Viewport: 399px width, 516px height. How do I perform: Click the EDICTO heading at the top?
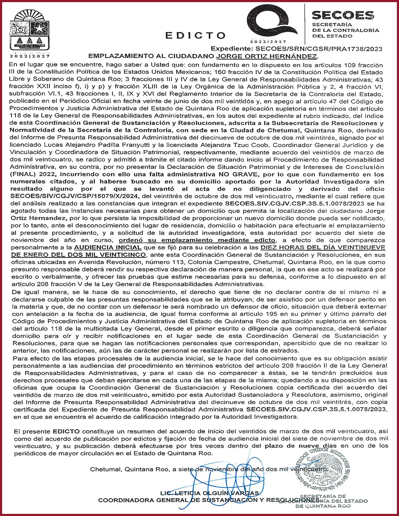pos(196,35)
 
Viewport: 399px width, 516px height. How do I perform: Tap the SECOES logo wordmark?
pos(343,15)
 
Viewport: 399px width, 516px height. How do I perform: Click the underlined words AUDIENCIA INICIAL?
pos(108,248)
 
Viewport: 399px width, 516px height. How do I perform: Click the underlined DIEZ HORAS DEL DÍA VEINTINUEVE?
pos(323,248)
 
